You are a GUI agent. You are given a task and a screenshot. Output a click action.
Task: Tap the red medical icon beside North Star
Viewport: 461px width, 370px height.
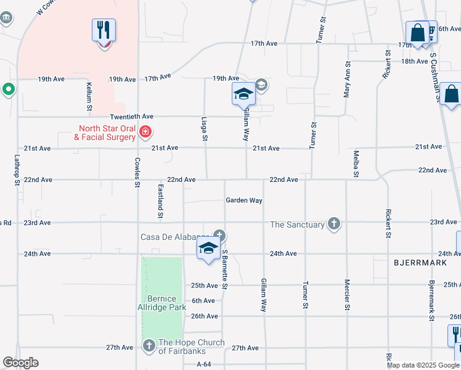click(x=145, y=131)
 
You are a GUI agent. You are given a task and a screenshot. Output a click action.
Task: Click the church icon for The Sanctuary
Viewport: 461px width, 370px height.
click(x=333, y=223)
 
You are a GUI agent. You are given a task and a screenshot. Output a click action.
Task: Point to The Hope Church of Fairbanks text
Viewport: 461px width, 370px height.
click(x=191, y=347)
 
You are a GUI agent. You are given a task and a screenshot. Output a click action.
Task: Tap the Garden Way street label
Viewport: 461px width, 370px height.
click(x=244, y=200)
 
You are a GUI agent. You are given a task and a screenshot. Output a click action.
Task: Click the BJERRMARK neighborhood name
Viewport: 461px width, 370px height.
click(x=415, y=262)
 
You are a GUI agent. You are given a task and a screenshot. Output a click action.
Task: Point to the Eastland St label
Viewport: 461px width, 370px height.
click(x=160, y=201)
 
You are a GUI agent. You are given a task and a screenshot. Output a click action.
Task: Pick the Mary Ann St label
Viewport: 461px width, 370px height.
click(x=347, y=79)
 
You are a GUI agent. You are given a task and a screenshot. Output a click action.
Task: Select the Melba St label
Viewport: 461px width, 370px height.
click(x=356, y=163)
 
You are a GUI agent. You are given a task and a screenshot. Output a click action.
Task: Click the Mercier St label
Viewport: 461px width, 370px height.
click(x=346, y=294)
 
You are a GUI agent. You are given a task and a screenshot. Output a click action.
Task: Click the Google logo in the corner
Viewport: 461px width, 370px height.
click(x=20, y=363)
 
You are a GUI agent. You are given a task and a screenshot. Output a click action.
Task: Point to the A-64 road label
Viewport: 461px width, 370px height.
click(x=204, y=364)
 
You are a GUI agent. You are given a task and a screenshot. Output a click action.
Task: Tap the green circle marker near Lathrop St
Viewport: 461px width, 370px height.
click(x=9, y=90)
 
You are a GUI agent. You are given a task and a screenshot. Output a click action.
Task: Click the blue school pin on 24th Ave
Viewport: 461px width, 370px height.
click(x=209, y=249)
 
